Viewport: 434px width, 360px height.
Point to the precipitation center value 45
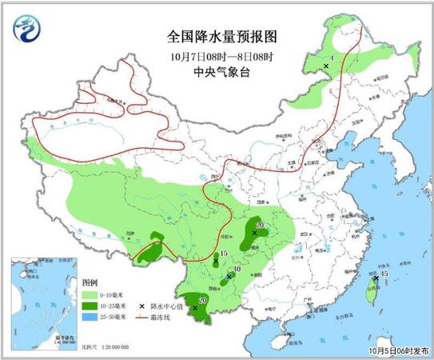(x=384, y=275)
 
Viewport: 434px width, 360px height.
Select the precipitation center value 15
(x=225, y=254)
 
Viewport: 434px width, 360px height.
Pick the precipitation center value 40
(x=236, y=269)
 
